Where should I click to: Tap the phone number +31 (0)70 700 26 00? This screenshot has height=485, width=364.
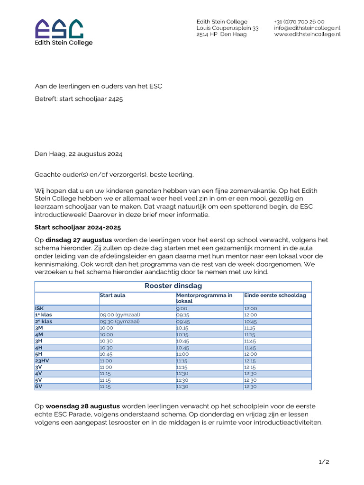[x=299, y=22]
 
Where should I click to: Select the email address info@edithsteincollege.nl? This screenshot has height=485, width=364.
[x=307, y=28]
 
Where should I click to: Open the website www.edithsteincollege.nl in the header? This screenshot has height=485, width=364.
[x=307, y=34]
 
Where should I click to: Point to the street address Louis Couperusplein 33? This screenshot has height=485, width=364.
[x=227, y=28]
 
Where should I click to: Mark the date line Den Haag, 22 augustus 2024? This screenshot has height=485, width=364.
[x=79, y=154]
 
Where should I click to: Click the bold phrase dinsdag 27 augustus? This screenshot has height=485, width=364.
[x=79, y=240]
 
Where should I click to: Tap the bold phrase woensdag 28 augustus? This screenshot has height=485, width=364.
[x=83, y=406]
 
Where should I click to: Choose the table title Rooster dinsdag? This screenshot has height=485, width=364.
[x=173, y=286]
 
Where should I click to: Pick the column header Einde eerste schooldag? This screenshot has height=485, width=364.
[x=275, y=295]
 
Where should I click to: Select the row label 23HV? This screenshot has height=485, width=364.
[x=42, y=360]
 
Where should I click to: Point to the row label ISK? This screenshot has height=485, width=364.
[x=39, y=308]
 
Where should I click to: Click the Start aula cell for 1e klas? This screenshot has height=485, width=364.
[x=119, y=314]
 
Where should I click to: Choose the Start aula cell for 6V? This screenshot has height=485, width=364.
[x=105, y=386]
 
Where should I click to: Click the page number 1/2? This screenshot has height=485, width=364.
[x=324, y=462]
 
